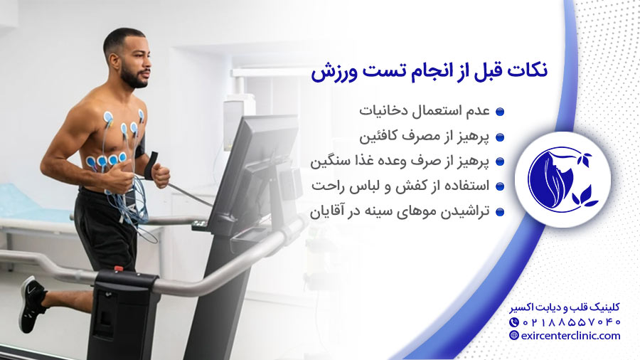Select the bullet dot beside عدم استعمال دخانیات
(x=499, y=112)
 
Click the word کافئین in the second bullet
(x=379, y=137)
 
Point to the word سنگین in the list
(x=331, y=162)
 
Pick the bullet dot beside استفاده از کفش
(x=499, y=187)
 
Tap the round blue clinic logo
(x=562, y=177)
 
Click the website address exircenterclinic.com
(x=570, y=336)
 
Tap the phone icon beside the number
(x=514, y=322)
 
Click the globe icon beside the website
(x=514, y=336)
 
